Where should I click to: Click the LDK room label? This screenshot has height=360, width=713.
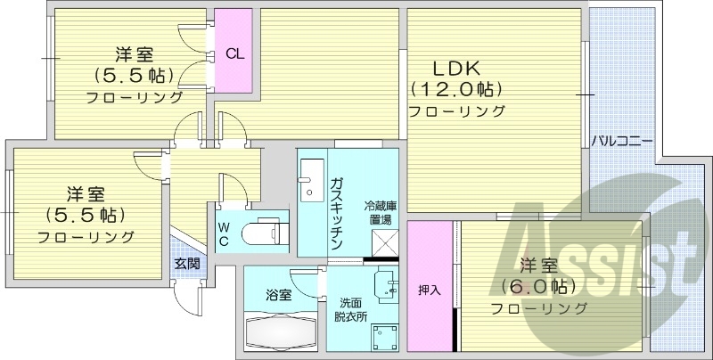(456, 68)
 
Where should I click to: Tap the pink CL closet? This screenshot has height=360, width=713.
(234, 52)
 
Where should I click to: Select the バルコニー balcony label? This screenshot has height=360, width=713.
(623, 141)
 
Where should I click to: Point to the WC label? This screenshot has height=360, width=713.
(224, 234)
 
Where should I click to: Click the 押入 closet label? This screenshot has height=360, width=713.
(430, 290)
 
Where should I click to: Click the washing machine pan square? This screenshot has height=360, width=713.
(386, 338)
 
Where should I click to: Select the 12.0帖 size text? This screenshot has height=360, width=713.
(456, 89)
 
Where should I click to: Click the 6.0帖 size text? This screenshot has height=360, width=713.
(537, 286)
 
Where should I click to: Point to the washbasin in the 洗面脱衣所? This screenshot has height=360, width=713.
(386, 282)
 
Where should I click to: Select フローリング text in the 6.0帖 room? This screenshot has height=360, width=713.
(538, 308)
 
